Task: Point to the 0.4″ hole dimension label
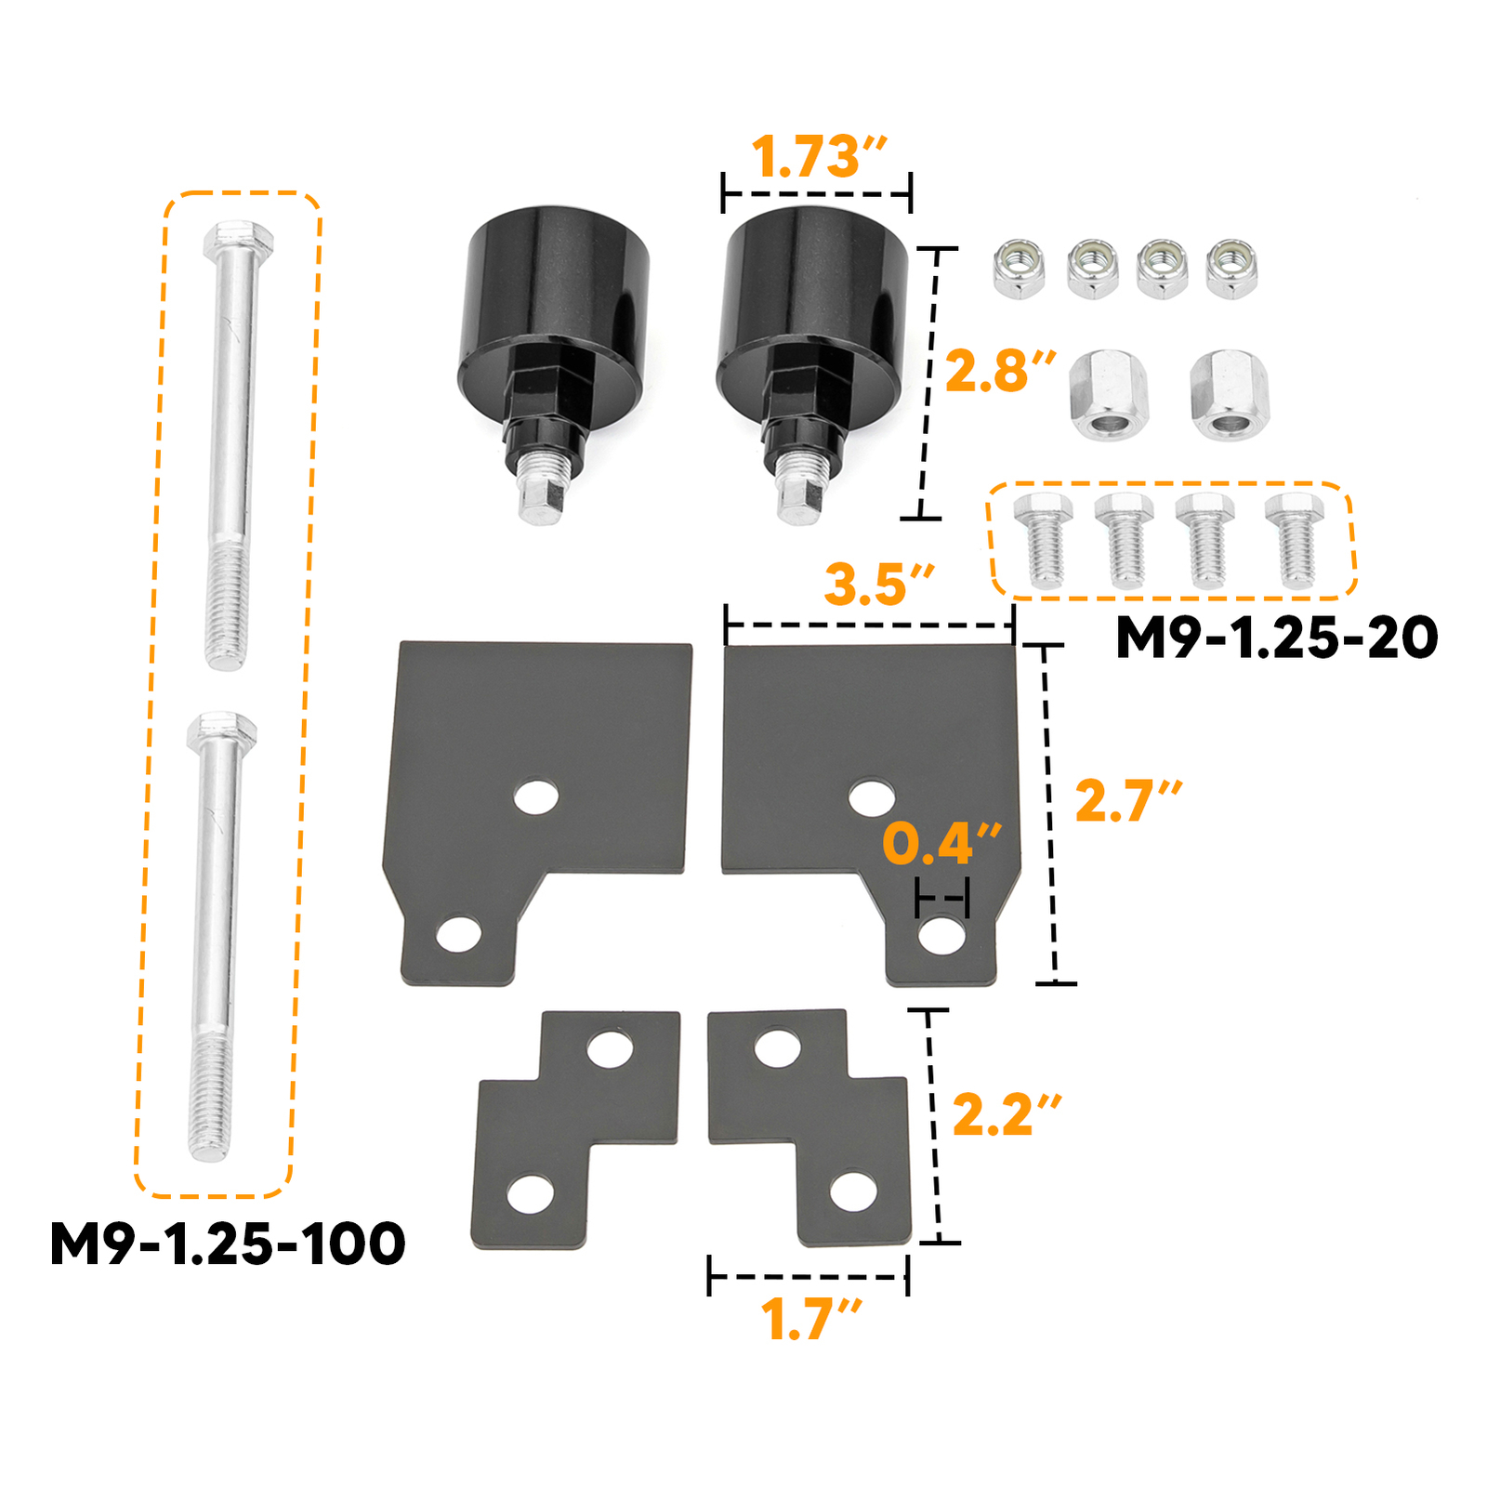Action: [941, 843]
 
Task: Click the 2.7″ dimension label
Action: [1127, 801]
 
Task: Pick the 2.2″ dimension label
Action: [1006, 1114]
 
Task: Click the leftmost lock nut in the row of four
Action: [1019, 269]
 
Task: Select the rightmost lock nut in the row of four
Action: [1231, 269]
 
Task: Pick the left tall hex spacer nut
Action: [1109, 394]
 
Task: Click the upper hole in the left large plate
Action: [536, 796]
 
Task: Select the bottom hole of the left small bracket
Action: [531, 1194]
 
